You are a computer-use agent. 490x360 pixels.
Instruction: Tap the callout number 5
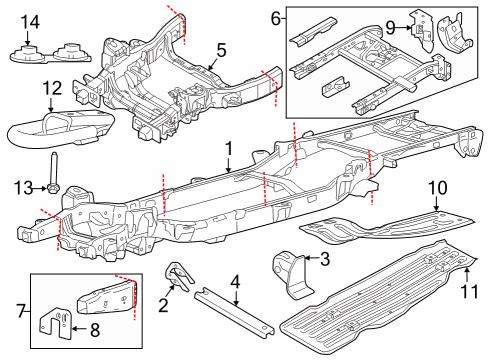click(x=221, y=48)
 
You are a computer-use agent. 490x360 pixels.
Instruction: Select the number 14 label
click(x=30, y=22)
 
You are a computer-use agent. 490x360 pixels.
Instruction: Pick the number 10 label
click(x=436, y=187)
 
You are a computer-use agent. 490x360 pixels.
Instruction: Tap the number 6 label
click(x=276, y=18)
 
